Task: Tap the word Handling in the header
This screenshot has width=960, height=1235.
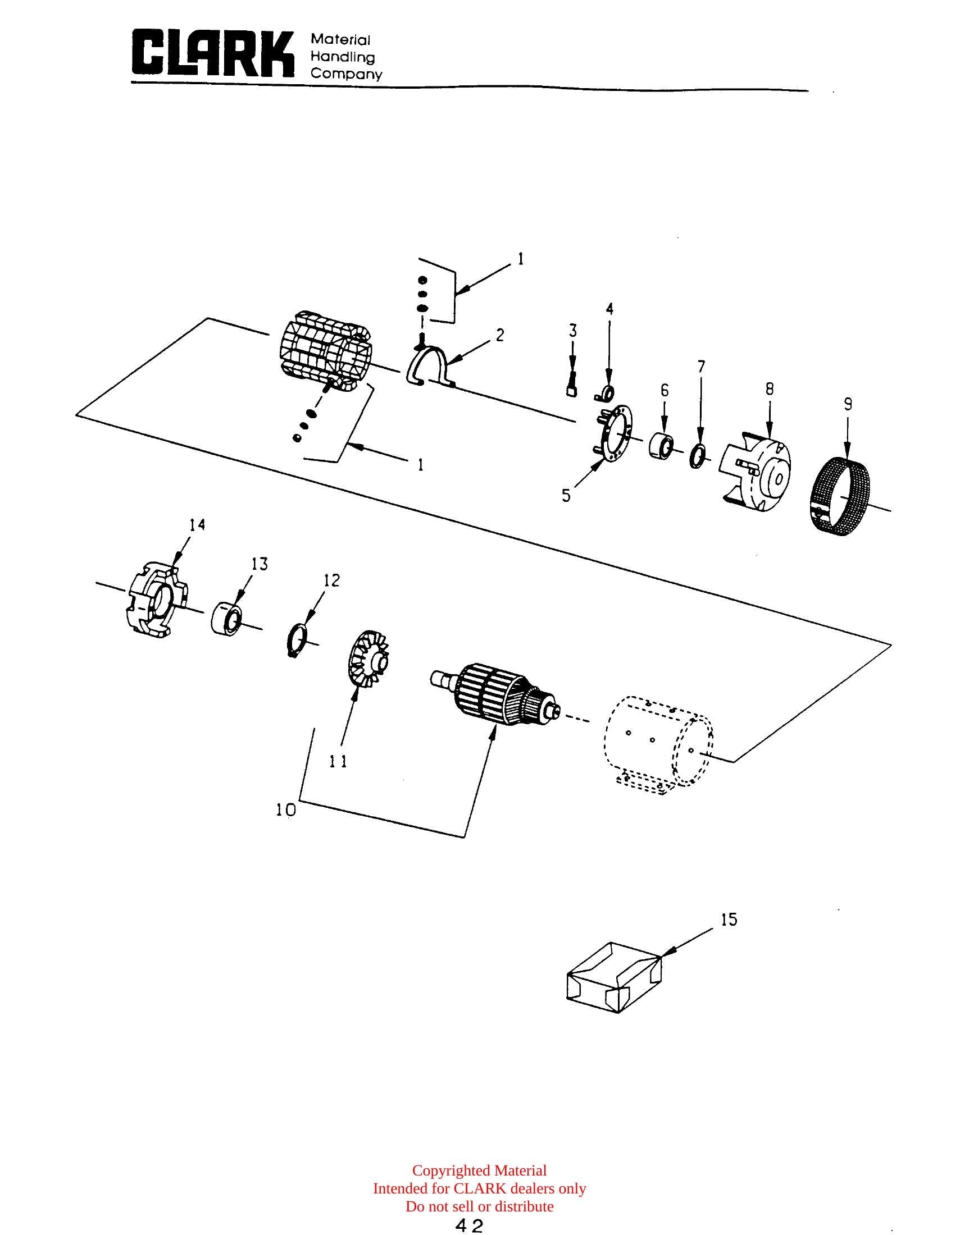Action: click(343, 57)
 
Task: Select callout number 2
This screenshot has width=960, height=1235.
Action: click(499, 335)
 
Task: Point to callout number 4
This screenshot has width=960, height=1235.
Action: click(609, 309)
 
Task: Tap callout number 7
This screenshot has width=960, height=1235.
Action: click(701, 368)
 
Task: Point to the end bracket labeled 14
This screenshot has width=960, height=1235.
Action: click(156, 599)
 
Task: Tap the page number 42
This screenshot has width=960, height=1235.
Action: click(470, 1226)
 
